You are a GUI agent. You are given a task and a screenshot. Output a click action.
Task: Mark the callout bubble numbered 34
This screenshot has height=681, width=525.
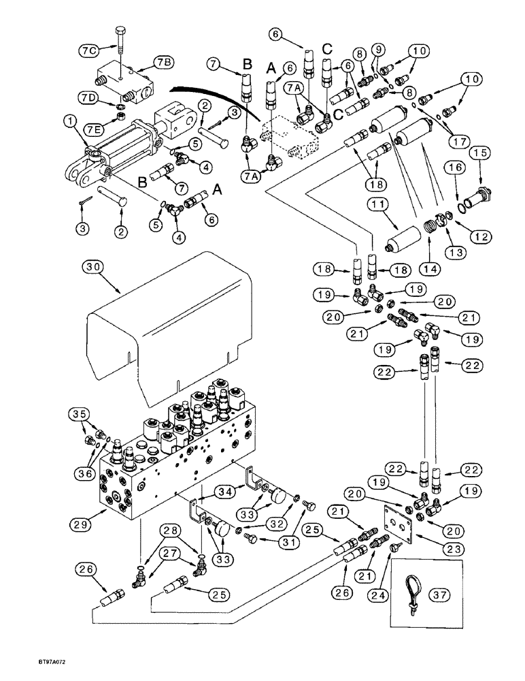point(224,492)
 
